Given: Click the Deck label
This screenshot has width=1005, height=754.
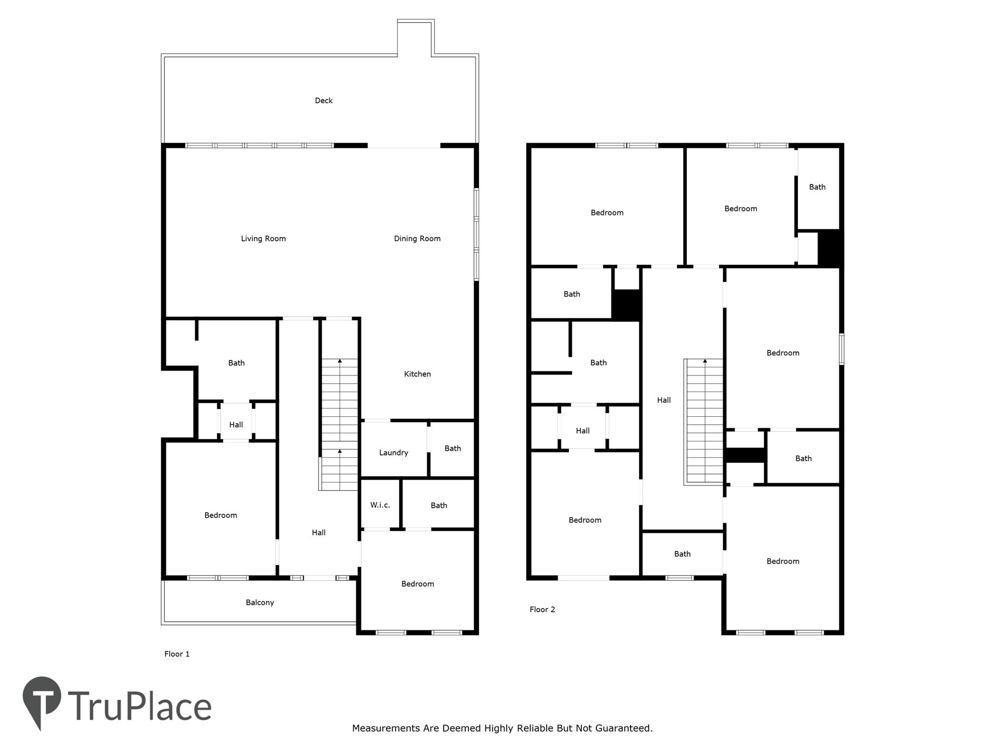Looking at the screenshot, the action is (x=324, y=101).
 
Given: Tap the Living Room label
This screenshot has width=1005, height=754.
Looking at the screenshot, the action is (x=263, y=239).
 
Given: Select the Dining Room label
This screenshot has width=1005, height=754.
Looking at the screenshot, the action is (x=417, y=239).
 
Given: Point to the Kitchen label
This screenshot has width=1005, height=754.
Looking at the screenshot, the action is (x=418, y=374).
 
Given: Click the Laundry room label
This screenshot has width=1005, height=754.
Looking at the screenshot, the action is (x=393, y=453).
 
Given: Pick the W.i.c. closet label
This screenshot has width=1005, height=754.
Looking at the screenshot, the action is (x=380, y=505).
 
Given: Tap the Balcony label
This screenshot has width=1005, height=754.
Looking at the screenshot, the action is (x=260, y=603).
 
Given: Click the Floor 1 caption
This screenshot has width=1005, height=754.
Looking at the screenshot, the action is (x=177, y=654).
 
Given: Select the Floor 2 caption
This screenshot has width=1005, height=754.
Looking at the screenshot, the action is (x=542, y=610).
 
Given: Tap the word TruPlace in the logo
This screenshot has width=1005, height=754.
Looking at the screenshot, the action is (x=140, y=707).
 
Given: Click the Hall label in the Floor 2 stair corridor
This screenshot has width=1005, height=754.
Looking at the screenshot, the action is (x=664, y=401).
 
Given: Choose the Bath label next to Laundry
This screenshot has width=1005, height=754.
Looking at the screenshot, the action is (x=453, y=448).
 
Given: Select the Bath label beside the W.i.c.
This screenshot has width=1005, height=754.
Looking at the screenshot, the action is (x=439, y=506).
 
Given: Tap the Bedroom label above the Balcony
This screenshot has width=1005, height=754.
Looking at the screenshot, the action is (x=221, y=515).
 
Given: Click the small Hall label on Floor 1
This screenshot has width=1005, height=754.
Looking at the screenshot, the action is (x=236, y=425).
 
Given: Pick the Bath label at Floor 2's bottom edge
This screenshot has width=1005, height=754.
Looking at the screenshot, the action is (x=682, y=554).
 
